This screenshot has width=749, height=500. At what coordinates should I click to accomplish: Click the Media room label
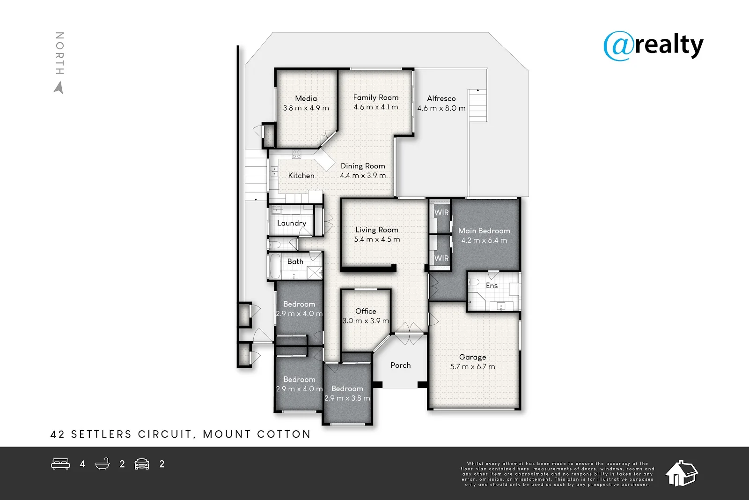[306, 98]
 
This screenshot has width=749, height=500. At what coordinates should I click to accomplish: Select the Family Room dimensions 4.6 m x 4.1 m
[376, 107]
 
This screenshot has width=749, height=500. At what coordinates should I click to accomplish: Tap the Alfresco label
[441, 98]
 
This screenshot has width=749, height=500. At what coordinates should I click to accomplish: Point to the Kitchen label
[301, 176]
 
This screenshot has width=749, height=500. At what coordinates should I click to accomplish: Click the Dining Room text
[363, 166]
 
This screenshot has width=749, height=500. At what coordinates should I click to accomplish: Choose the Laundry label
[291, 223]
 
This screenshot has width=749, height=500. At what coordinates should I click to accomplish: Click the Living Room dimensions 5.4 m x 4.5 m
[377, 239]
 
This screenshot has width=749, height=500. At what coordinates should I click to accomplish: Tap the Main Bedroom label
[484, 231]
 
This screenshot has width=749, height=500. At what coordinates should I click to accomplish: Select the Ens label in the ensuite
[492, 285]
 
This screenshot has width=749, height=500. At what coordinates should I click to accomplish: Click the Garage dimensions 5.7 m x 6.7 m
[472, 367]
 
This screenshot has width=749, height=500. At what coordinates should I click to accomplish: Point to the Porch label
[400, 365]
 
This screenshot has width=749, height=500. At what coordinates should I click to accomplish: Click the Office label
[366, 311]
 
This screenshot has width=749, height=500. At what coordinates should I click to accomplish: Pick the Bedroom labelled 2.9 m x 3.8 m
[347, 389]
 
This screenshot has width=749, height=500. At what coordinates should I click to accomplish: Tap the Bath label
[295, 261]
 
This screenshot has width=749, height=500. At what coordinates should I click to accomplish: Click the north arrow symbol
[59, 88]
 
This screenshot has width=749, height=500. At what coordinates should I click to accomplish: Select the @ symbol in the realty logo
[619, 46]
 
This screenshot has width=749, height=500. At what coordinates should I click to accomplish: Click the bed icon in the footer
[60, 464]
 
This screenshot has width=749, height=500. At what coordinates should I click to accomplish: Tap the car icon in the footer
[142, 464]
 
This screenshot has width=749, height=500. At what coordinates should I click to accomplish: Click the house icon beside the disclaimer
[681, 473]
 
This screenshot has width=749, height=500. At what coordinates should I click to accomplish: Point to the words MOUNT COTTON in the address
[257, 434]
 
